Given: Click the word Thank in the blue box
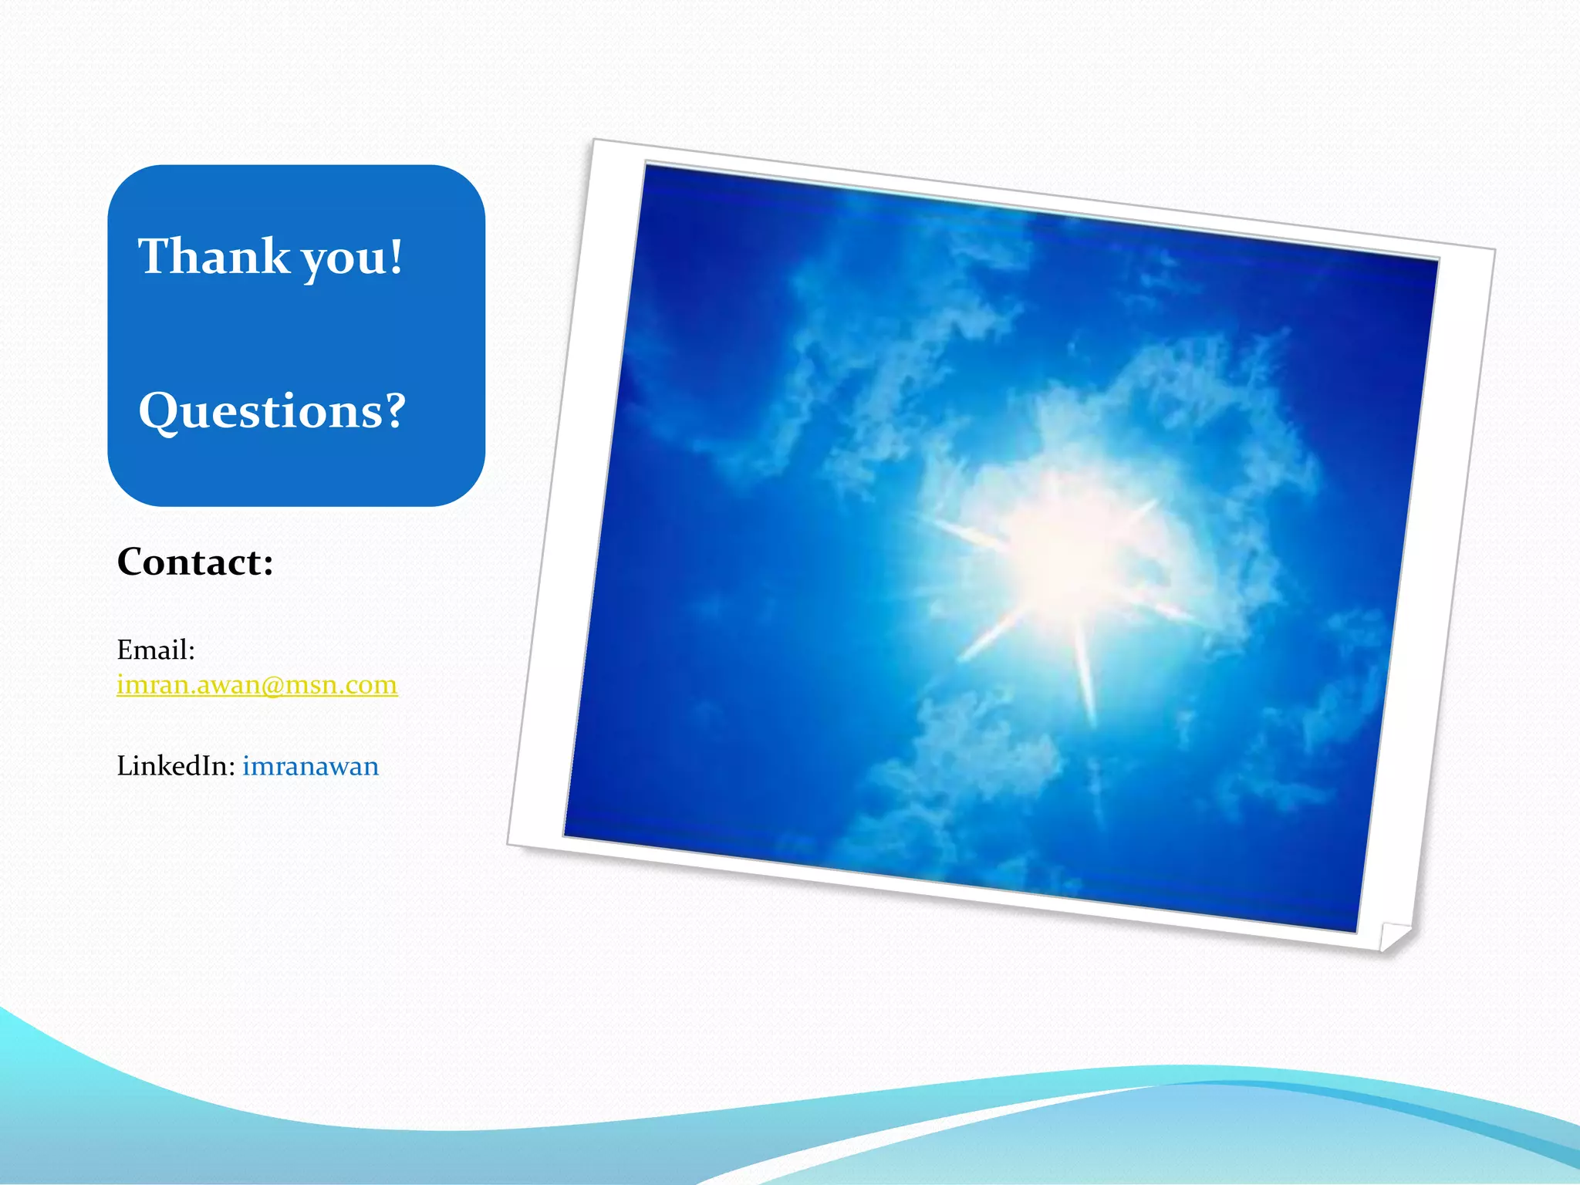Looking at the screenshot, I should pos(214,257).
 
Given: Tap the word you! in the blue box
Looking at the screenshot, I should pos(353,258).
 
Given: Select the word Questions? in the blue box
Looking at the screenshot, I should pos(272,411).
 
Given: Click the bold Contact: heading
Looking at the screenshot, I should pos(195,562).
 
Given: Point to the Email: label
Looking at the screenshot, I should pos(156,650).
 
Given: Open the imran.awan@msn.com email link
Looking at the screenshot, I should pos(257,685).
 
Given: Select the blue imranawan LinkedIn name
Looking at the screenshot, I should pos(311,767).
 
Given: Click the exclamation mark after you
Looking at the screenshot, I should pos(396,256).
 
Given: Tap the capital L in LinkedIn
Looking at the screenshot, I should pos(123,766).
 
